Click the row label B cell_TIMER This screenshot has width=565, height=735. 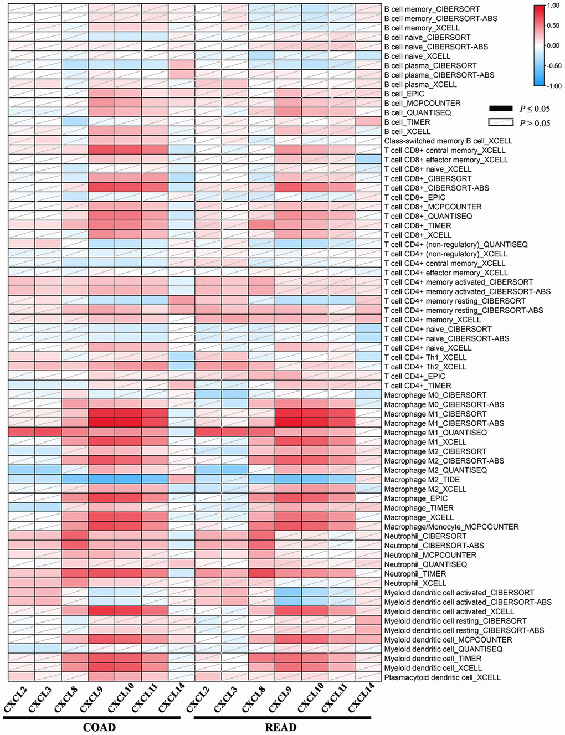407,122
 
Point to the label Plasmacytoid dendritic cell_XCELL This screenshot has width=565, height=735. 442,677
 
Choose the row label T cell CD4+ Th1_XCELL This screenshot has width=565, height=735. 425,357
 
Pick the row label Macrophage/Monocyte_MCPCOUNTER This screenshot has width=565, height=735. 451,527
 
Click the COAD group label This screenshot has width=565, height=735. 99,727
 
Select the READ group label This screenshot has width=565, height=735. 281,727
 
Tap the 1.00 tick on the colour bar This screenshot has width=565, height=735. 553,6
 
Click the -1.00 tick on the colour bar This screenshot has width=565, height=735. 553,86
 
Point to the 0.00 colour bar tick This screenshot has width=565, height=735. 553,46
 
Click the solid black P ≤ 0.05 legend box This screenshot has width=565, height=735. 500,109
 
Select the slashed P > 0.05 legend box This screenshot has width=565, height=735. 500,122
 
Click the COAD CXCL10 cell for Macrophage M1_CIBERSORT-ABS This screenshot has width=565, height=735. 128,423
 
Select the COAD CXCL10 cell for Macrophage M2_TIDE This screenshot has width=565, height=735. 128,480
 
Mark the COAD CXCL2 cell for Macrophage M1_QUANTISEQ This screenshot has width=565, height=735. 21,433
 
